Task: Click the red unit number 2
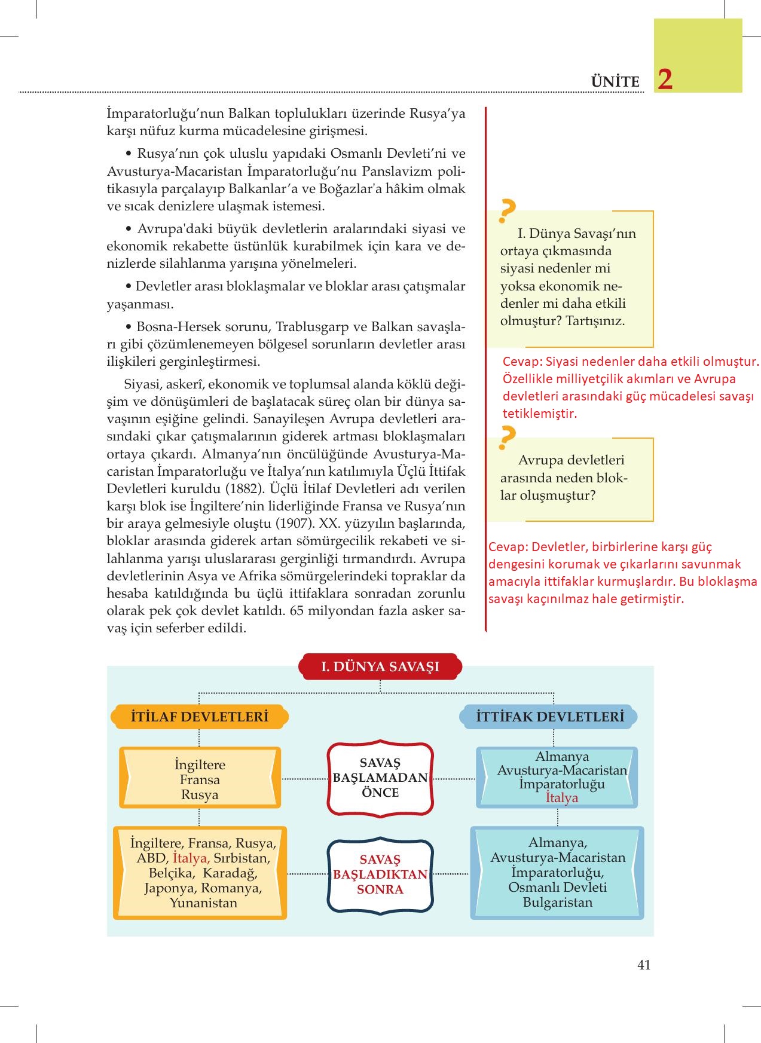pyautogui.click(x=665, y=79)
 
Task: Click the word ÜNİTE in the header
pyautogui.click(x=615, y=82)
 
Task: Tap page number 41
pyautogui.click(x=644, y=965)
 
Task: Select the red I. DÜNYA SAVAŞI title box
pyautogui.click(x=380, y=667)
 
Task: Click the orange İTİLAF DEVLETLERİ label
pyautogui.click(x=200, y=717)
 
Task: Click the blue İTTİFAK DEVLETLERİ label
pyautogui.click(x=549, y=717)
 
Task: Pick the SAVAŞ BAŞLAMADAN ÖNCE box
pyautogui.click(x=380, y=778)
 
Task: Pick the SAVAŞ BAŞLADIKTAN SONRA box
pyautogui.click(x=380, y=874)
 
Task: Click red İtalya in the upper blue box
pyautogui.click(x=561, y=798)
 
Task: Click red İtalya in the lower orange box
pyautogui.click(x=190, y=858)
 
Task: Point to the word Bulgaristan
pyautogui.click(x=557, y=903)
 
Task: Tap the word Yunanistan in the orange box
pyautogui.click(x=203, y=903)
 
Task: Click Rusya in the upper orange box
pyautogui.click(x=200, y=795)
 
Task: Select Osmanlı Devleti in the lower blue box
pyautogui.click(x=557, y=887)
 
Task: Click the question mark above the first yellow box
pyautogui.click(x=507, y=210)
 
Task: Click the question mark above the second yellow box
pyautogui.click(x=507, y=438)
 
